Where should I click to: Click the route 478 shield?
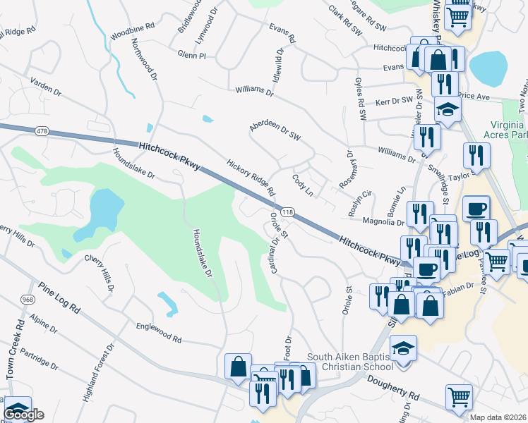coord(41,130)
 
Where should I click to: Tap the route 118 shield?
coord(287,211)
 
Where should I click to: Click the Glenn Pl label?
coord(192,54)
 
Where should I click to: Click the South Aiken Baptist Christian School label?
coord(350,362)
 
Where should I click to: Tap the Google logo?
coord(24,415)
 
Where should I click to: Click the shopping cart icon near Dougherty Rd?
coord(459,397)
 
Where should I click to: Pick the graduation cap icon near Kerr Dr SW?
coord(448,109)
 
